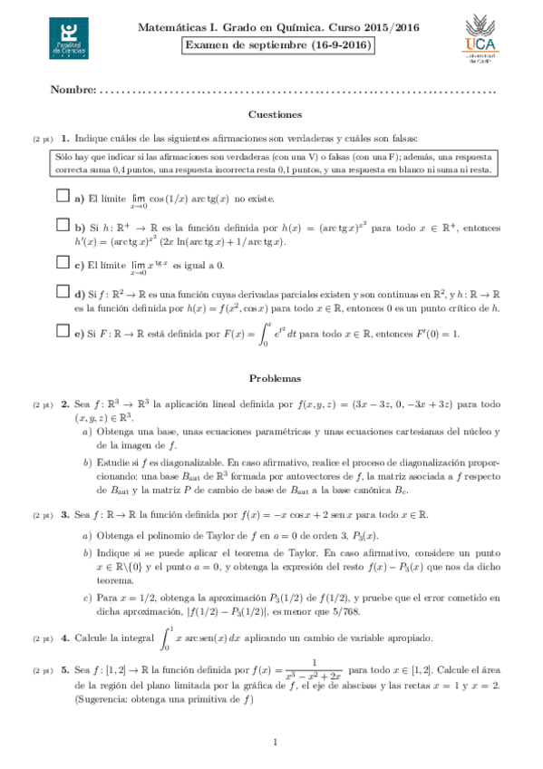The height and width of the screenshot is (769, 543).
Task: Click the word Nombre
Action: (73, 90)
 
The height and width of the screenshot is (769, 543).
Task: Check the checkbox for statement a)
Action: (63, 196)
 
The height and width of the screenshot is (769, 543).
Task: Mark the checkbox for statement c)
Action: (63, 263)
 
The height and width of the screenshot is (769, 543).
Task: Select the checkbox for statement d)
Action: (63, 292)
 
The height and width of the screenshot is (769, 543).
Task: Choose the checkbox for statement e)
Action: (63, 332)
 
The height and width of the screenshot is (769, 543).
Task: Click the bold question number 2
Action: (65, 404)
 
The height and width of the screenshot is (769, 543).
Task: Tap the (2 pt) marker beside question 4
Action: (43, 639)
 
